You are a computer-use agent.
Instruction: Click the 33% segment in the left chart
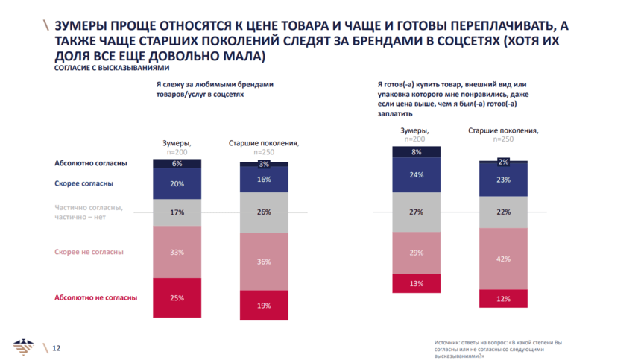pos(177,252)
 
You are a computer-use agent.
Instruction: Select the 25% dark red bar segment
pos(177,297)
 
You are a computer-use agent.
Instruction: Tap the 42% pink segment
pos(503,259)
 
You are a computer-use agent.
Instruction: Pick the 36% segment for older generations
pos(264,261)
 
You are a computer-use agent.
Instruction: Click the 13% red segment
pos(416,283)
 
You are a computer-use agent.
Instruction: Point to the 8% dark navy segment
pos(416,152)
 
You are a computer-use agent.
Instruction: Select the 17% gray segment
pos(177,212)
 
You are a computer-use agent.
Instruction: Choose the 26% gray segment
pos(264,212)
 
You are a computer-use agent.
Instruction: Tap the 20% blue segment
pos(177,183)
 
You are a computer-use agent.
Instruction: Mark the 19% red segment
pos(264,305)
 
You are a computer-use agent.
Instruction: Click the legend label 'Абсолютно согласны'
pos(91,163)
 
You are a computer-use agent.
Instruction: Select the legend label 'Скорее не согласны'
pos(89,252)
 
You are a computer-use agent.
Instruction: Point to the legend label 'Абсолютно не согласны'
pos(96,297)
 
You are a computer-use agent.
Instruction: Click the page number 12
pos(56,348)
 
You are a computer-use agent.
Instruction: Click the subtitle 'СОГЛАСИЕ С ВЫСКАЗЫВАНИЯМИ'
pos(98,66)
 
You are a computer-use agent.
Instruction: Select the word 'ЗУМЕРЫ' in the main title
pos(80,26)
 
